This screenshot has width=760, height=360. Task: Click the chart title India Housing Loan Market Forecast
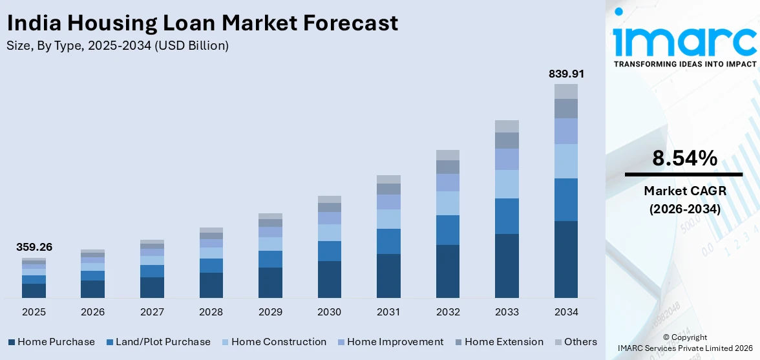[x=202, y=24]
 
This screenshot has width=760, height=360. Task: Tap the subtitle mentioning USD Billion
[x=118, y=46]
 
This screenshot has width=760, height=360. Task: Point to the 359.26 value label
[x=34, y=247]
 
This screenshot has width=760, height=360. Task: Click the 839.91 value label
[x=566, y=74]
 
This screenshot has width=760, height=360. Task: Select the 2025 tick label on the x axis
[x=34, y=312]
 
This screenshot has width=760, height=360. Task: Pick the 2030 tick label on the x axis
[x=329, y=312]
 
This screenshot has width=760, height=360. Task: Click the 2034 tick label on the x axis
[x=566, y=312]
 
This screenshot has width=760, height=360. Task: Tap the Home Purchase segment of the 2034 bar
[x=566, y=259]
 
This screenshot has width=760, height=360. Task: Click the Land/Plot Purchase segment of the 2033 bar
[x=507, y=216]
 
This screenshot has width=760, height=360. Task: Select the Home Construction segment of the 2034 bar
[x=566, y=161]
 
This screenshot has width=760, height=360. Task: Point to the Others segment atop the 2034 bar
[x=566, y=91]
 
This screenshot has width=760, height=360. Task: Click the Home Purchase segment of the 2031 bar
[x=388, y=276]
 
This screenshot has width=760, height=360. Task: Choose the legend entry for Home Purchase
[x=51, y=342]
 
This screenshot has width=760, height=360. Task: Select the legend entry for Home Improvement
[x=390, y=342]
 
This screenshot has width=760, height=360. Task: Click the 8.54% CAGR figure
[x=684, y=158]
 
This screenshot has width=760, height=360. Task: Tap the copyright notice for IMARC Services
[x=684, y=343]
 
